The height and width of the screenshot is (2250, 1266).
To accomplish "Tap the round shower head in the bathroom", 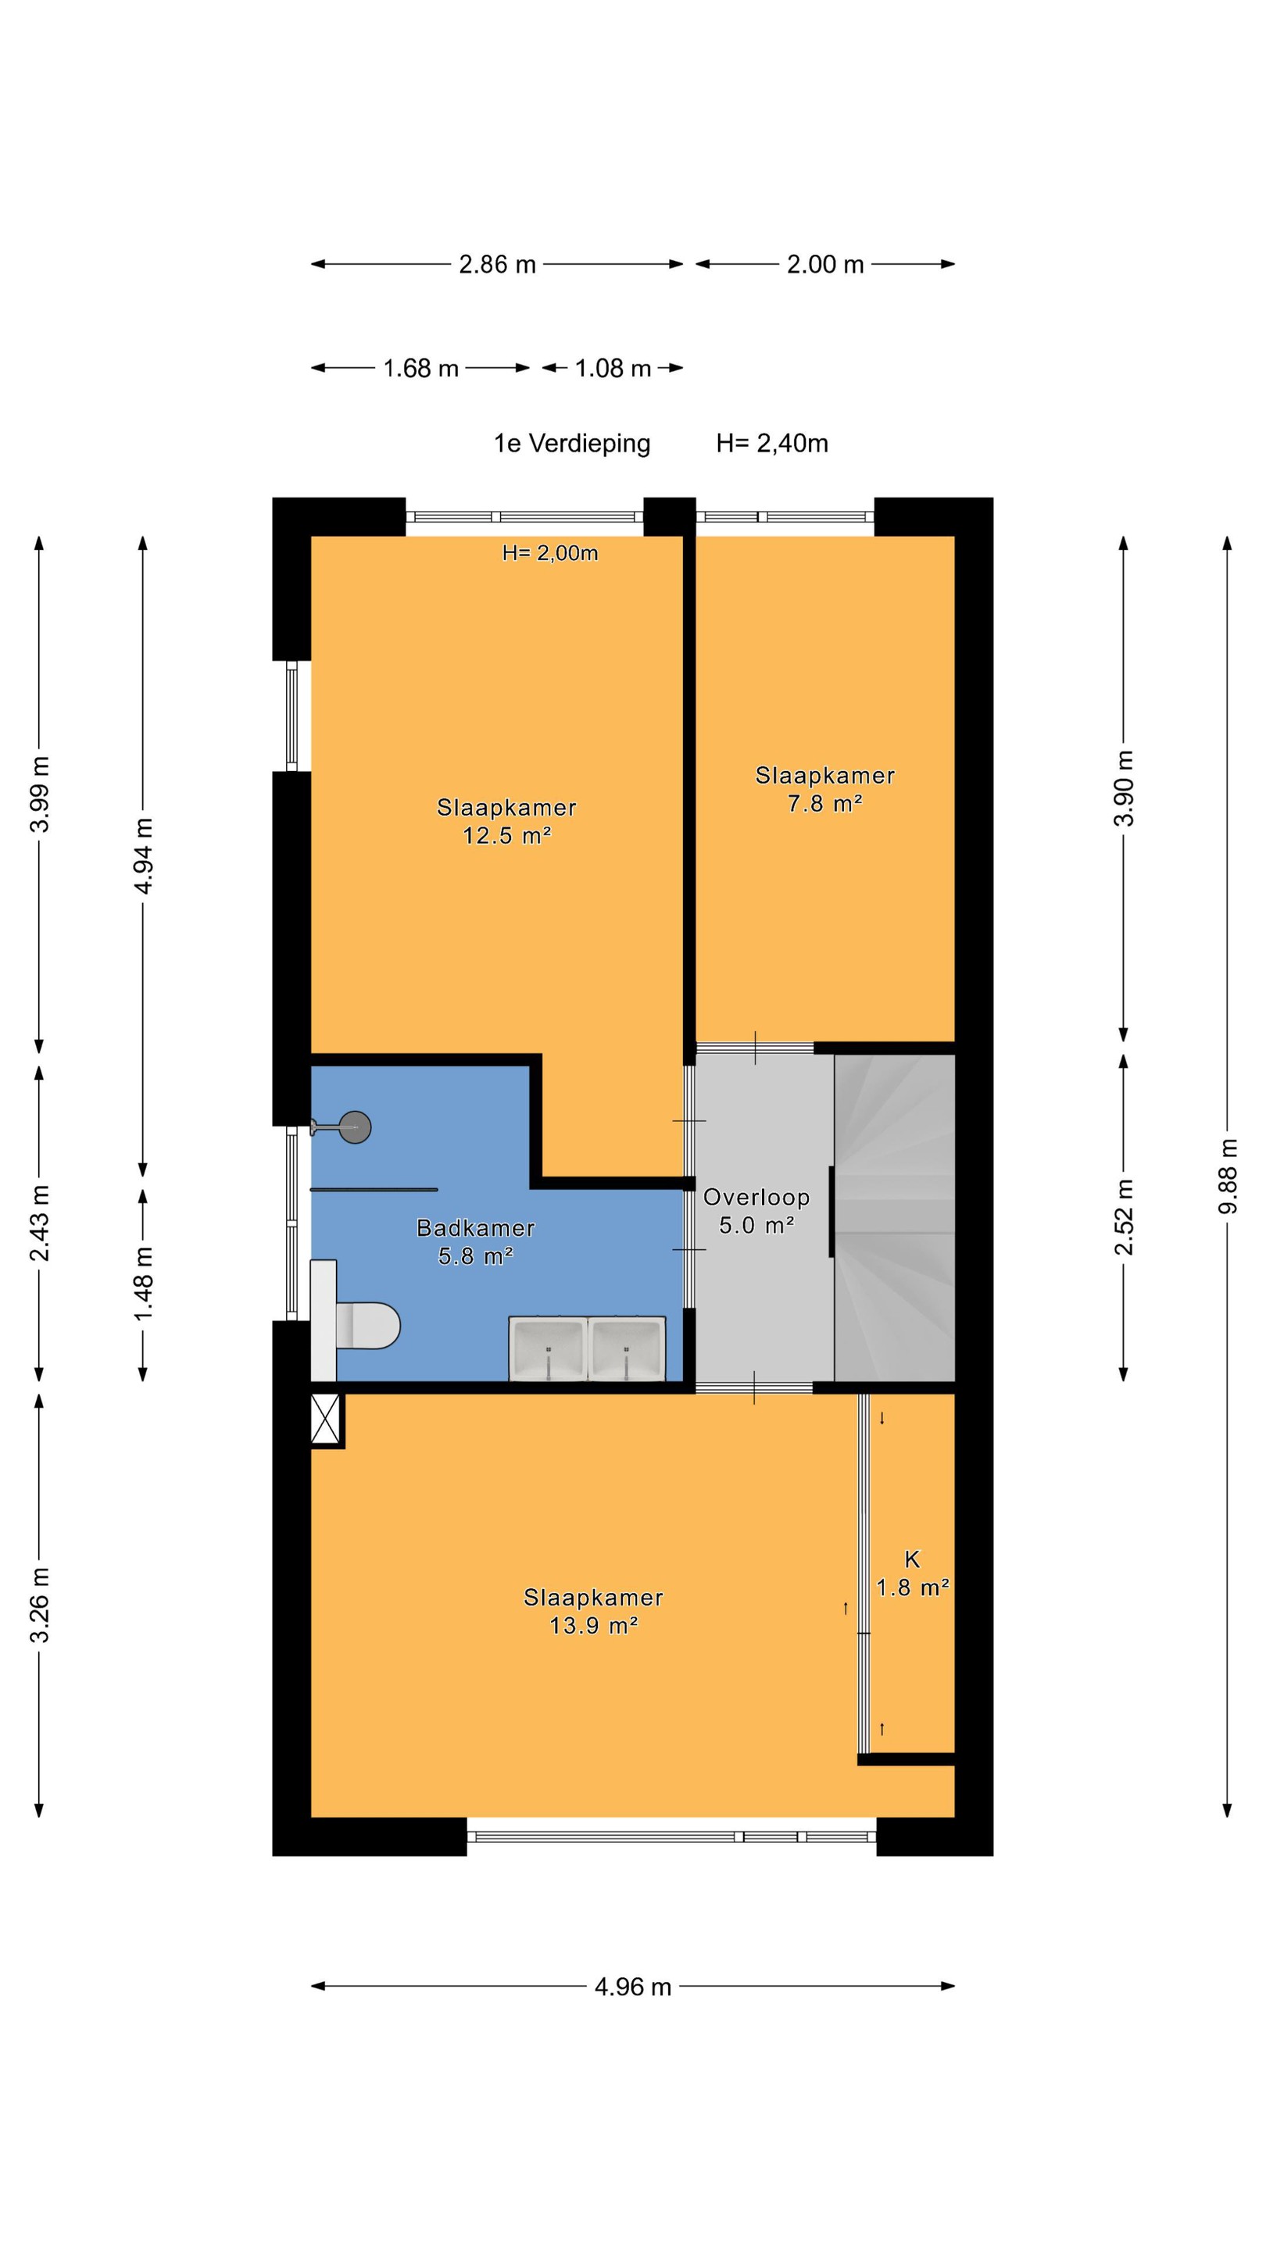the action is coord(355,1127).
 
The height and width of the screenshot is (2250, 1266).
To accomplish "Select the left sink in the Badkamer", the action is coord(548,1348).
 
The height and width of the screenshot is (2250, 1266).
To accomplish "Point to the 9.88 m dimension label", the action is coord(1228,1177).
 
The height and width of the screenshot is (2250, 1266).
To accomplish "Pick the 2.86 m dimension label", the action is coord(497,264).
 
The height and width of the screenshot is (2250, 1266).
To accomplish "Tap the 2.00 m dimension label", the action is coord(824,264).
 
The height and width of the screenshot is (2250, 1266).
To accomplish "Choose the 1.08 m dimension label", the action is coord(613,368).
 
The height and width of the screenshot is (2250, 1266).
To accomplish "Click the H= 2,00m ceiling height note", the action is coord(549,553).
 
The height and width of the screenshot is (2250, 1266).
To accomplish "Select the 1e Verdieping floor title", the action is coord(572,444).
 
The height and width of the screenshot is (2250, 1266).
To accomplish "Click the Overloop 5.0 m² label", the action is coord(756,1211).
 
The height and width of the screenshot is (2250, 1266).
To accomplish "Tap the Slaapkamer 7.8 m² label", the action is coord(824,789).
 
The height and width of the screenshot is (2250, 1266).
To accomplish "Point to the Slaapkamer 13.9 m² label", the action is coord(593,1611).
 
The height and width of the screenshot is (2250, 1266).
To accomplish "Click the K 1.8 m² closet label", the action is coord(912,1573).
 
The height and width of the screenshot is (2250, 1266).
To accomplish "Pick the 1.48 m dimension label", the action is coord(143,1283).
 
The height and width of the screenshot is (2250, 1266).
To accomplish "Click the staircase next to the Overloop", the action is coord(894,1218).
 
